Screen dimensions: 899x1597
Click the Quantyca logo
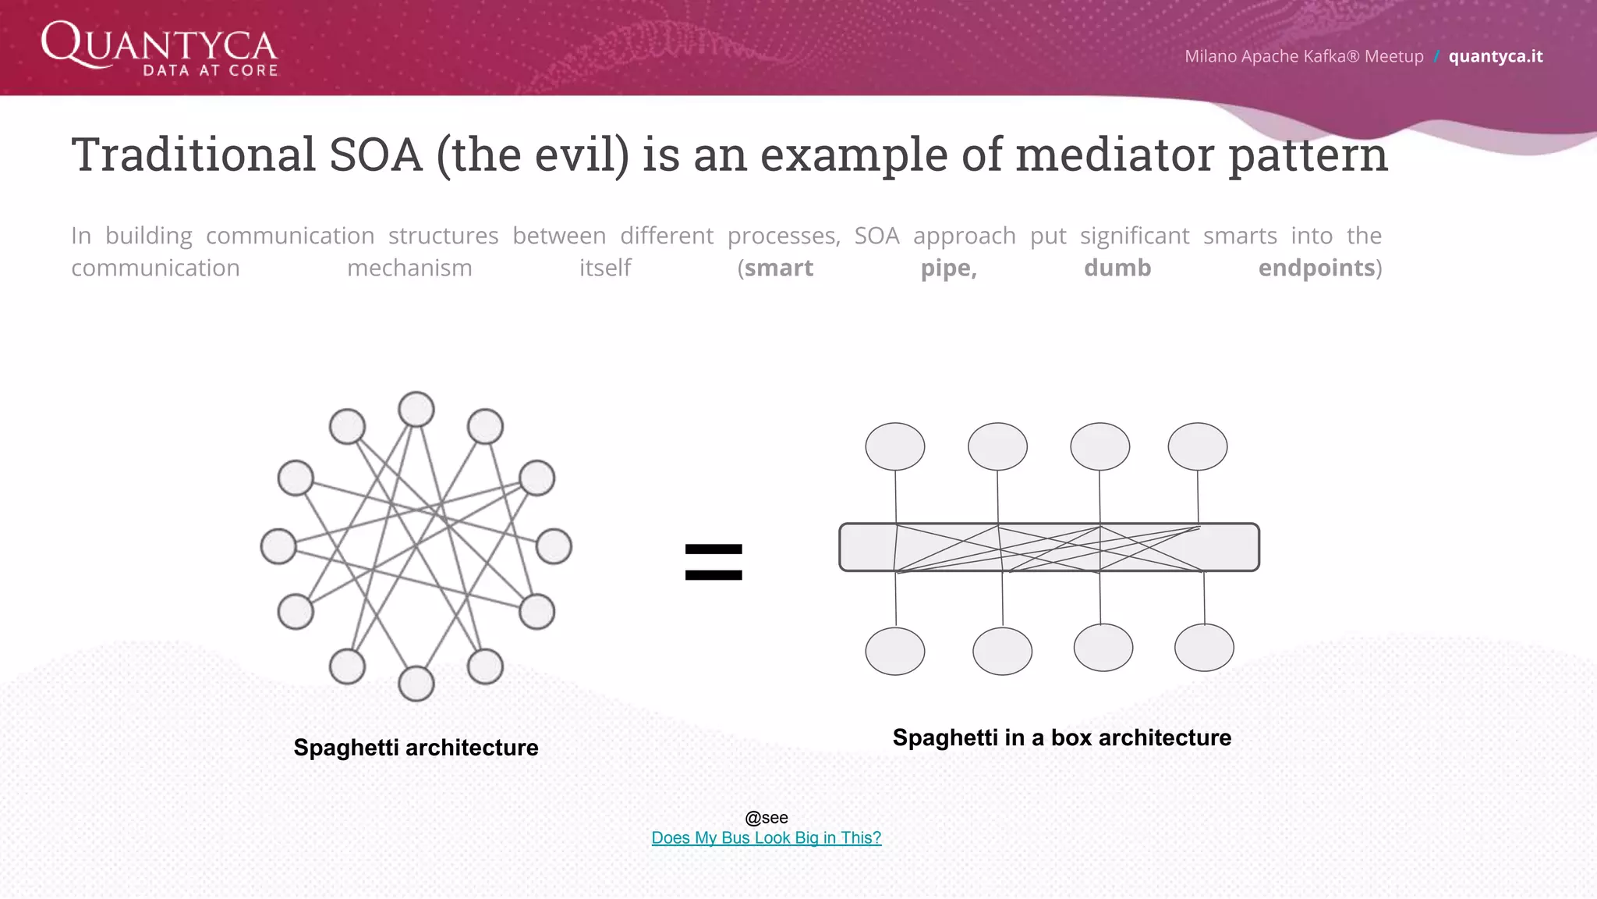click(159, 48)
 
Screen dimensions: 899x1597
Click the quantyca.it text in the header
click(1495, 56)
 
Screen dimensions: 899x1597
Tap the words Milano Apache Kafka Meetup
click(1303, 56)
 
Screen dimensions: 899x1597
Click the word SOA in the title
click(375, 155)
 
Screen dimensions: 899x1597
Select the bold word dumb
click(1117, 268)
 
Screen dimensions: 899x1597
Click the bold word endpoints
click(1316, 268)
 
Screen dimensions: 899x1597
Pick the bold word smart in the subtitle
click(778, 268)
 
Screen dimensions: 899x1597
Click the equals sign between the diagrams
click(714, 562)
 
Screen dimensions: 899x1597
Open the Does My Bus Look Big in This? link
click(766, 837)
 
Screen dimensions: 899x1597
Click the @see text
click(766, 817)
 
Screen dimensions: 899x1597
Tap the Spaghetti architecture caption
click(416, 748)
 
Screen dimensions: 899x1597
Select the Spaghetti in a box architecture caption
click(1061, 737)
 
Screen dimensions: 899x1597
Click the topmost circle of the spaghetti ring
click(416, 409)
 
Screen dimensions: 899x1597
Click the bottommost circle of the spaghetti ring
click(416, 684)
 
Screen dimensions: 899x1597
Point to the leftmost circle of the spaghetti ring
click(278, 546)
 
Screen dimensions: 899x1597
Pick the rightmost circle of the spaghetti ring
click(554, 546)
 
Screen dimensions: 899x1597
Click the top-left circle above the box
click(895, 446)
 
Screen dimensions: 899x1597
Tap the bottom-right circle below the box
click(1204, 648)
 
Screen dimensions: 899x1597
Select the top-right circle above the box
click(1198, 446)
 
